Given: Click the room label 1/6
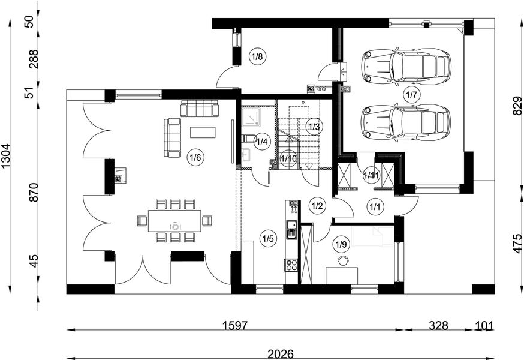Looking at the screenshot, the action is pyautogui.click(x=195, y=157).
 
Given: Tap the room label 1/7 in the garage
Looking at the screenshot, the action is pyautogui.click(x=411, y=95).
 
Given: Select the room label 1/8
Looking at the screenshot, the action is pyautogui.click(x=257, y=56).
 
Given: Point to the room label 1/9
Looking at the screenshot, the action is pyautogui.click(x=341, y=245).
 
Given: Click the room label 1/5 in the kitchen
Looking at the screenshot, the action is pyautogui.click(x=267, y=239).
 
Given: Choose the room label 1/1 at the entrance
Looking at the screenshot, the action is pyautogui.click(x=374, y=206).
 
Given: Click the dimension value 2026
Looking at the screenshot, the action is pyautogui.click(x=281, y=355).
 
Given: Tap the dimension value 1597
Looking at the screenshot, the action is pyautogui.click(x=235, y=325).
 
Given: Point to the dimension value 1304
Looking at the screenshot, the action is pyautogui.click(x=6, y=157).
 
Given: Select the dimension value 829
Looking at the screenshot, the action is pyautogui.click(x=517, y=106).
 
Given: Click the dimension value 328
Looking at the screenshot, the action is pyautogui.click(x=438, y=325).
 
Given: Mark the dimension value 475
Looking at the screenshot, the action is pyautogui.click(x=517, y=244).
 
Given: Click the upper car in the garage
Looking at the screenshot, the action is pyautogui.click(x=406, y=65).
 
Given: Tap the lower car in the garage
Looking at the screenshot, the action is pyautogui.click(x=406, y=122).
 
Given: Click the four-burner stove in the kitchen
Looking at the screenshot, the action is pyautogui.click(x=291, y=265).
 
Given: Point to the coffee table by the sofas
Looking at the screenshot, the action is pyautogui.click(x=203, y=132).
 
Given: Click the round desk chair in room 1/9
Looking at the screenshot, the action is pyautogui.click(x=342, y=260).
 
